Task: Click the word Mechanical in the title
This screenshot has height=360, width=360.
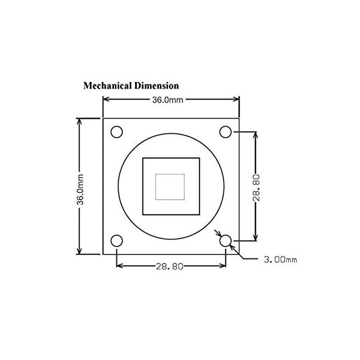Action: (107, 85)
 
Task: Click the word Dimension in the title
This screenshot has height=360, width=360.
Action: (156, 85)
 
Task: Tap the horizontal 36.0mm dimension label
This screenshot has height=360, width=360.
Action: (168, 100)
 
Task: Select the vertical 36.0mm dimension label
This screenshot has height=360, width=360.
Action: (80, 189)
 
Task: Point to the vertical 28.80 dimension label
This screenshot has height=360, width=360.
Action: (256, 188)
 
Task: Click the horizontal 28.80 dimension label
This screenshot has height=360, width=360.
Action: (169, 266)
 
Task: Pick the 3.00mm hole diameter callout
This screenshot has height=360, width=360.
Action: (280, 259)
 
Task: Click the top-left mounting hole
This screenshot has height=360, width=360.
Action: (116, 132)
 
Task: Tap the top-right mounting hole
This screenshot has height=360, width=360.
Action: (225, 132)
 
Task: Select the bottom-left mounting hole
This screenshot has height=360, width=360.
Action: (116, 241)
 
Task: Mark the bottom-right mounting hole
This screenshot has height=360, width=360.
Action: (225, 241)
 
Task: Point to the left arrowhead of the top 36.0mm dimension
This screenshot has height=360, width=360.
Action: (106, 99)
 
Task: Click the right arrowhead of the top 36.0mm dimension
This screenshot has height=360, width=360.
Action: (236, 99)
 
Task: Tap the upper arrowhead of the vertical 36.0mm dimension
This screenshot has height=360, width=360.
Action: (79, 121)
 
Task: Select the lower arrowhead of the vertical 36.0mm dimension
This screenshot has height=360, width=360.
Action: (79, 251)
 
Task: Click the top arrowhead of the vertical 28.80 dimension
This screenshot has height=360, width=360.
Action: (256, 135)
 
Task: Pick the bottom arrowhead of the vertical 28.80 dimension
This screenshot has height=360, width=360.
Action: (256, 238)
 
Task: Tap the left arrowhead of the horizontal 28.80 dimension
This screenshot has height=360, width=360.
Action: (119, 265)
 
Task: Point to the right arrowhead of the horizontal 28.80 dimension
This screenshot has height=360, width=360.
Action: (222, 265)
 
